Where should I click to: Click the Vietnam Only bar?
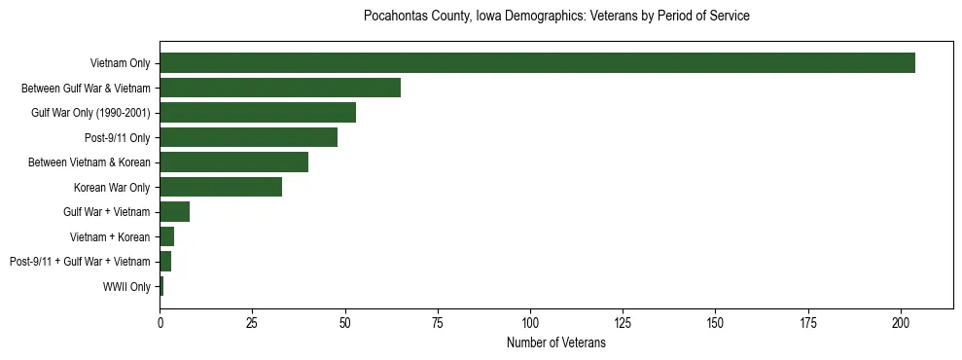(537, 63)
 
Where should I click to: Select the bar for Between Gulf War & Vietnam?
(280, 88)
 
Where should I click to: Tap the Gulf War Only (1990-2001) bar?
(258, 113)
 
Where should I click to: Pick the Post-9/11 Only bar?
(248, 137)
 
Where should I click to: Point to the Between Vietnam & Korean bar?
(233, 162)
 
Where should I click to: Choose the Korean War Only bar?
(221, 187)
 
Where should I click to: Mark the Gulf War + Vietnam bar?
(174, 212)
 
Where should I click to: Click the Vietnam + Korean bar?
(166, 236)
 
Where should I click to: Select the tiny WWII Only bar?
(161, 286)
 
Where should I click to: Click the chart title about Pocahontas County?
(555, 17)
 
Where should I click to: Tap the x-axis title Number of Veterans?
(555, 342)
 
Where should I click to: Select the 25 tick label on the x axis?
(252, 322)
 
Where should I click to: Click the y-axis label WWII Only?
(126, 286)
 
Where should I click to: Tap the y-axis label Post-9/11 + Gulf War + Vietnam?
(80, 262)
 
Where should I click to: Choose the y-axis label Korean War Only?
(112, 187)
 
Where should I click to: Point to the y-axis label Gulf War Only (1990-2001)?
(90, 113)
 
